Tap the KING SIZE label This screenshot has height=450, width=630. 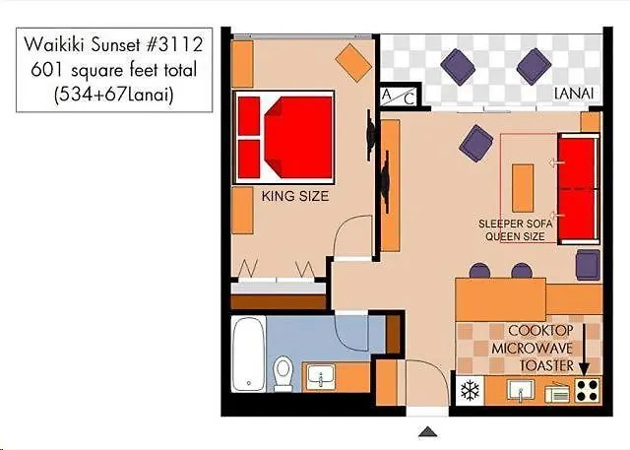point(294,197)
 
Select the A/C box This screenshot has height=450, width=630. point(400,96)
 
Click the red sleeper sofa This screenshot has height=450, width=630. point(578,187)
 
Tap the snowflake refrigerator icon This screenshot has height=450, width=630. point(469,390)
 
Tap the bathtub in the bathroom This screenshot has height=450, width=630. point(250,354)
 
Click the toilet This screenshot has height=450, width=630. point(283,373)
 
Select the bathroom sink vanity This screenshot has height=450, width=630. point(322,376)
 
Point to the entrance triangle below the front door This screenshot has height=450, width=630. point(426,431)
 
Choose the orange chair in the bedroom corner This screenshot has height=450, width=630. point(351,62)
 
